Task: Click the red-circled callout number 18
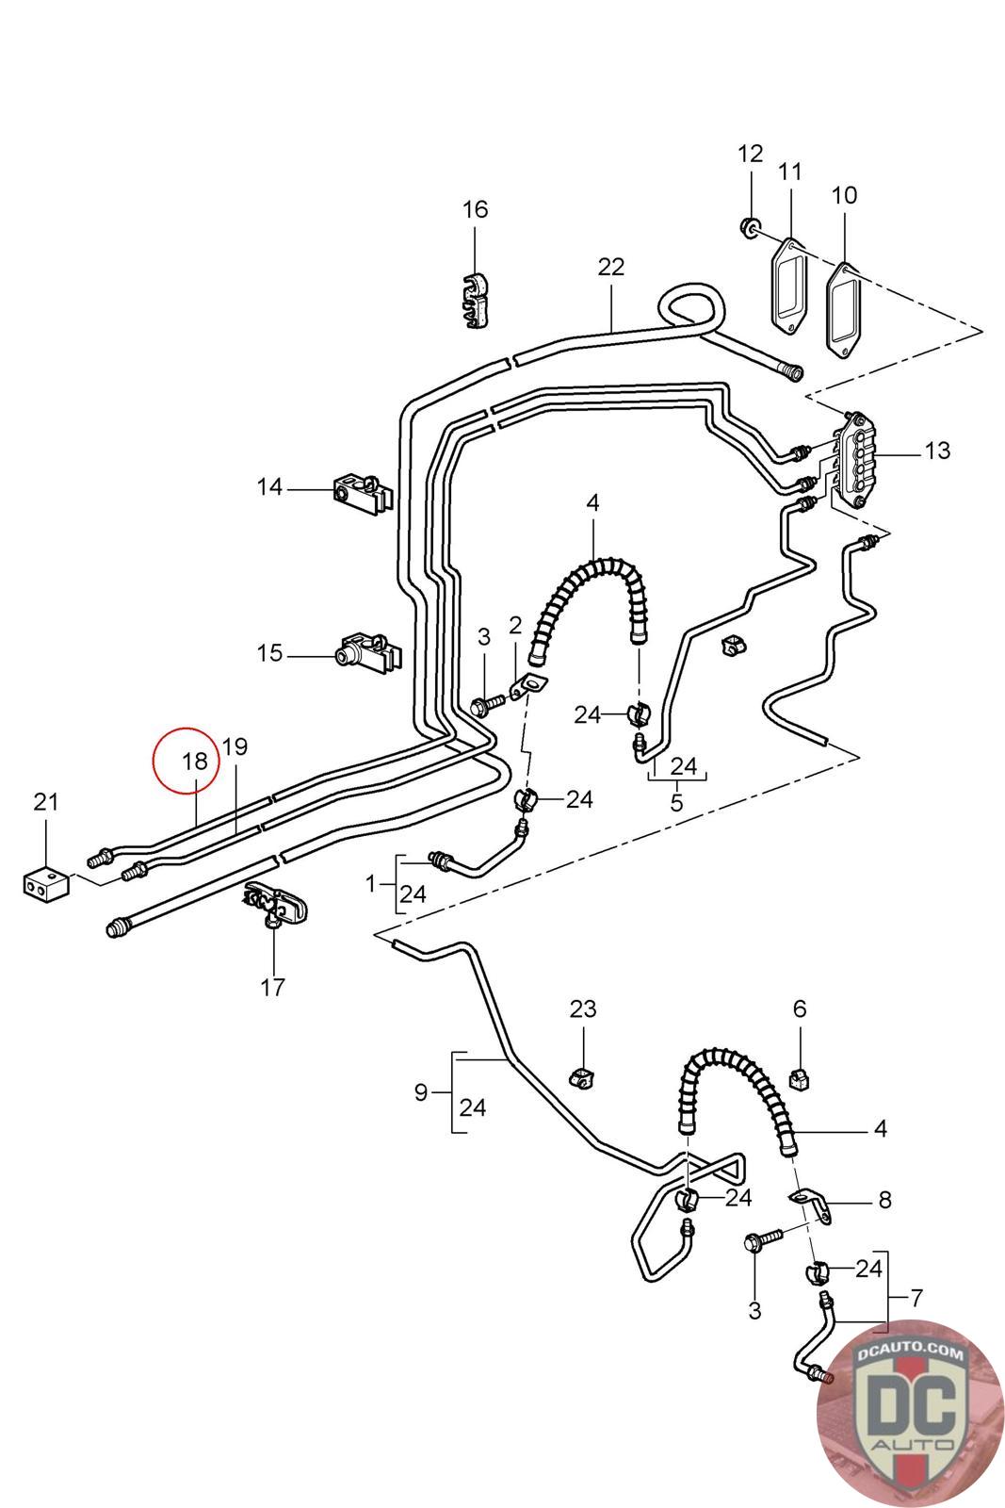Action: click(193, 760)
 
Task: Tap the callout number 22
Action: click(610, 267)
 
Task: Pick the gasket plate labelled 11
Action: click(789, 286)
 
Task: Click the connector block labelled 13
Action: click(855, 457)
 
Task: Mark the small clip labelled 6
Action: click(799, 1076)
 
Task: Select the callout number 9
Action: click(421, 1092)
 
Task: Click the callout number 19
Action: click(235, 747)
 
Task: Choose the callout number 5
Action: click(676, 803)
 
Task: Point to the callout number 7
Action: click(916, 1298)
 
